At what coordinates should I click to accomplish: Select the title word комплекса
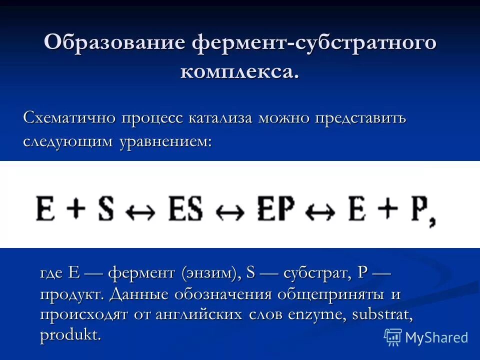239,71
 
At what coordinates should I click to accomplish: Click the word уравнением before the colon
165,142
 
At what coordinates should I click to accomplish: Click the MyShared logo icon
393,337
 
